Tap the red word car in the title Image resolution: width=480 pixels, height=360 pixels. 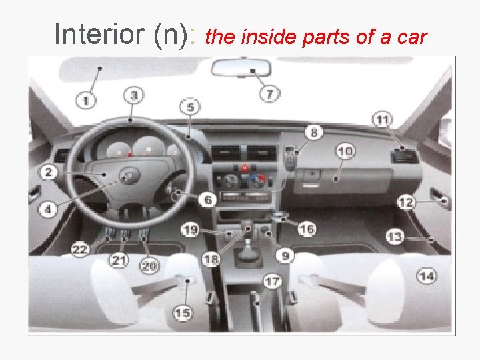[412, 37]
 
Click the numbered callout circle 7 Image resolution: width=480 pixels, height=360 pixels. [269, 93]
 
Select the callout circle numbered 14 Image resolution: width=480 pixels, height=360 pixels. [427, 276]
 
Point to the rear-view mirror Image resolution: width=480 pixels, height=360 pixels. [241, 68]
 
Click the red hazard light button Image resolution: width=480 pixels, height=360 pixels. [245, 168]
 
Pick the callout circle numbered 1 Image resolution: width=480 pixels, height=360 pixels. [85, 100]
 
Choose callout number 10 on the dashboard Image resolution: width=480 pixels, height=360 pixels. [345, 151]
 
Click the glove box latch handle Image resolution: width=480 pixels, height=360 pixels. [311, 178]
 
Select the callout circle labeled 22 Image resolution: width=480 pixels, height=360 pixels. [80, 249]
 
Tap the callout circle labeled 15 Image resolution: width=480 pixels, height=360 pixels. [183, 313]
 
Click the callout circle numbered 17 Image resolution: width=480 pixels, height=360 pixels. [272, 281]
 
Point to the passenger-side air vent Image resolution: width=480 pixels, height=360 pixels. [405, 155]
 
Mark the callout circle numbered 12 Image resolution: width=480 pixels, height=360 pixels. [406, 203]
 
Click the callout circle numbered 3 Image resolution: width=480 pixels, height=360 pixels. [134, 95]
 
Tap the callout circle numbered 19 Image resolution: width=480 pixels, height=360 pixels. [190, 230]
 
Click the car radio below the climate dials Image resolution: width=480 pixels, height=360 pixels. [245, 197]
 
